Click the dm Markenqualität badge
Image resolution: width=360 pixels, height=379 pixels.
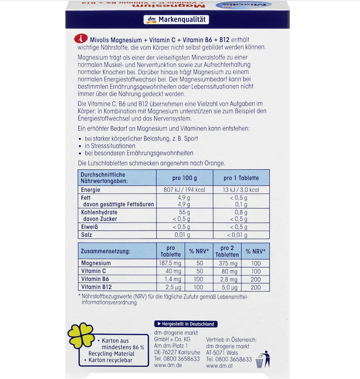click(176, 20)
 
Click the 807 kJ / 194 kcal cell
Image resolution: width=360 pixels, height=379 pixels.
click(185, 190)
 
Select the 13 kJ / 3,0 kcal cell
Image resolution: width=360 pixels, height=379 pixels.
click(241, 190)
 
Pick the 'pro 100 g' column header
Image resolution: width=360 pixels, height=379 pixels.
click(185, 178)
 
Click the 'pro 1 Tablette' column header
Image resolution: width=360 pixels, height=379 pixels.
click(241, 178)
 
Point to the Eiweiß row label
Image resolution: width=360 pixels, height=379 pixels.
click(89, 227)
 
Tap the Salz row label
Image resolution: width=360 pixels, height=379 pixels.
click(86, 235)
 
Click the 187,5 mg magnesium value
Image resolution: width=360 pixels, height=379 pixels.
click(171, 264)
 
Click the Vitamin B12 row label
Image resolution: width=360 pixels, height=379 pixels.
click(96, 287)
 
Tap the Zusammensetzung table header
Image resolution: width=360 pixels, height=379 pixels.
click(105, 251)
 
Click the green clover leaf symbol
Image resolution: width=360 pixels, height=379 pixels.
click(81, 336)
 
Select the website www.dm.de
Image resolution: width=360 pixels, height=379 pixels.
click(168, 365)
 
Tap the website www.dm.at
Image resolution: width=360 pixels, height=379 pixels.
click(219, 366)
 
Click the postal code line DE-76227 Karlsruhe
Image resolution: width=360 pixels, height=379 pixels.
click(177, 352)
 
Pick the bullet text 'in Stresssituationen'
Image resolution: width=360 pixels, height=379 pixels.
click(110, 146)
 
